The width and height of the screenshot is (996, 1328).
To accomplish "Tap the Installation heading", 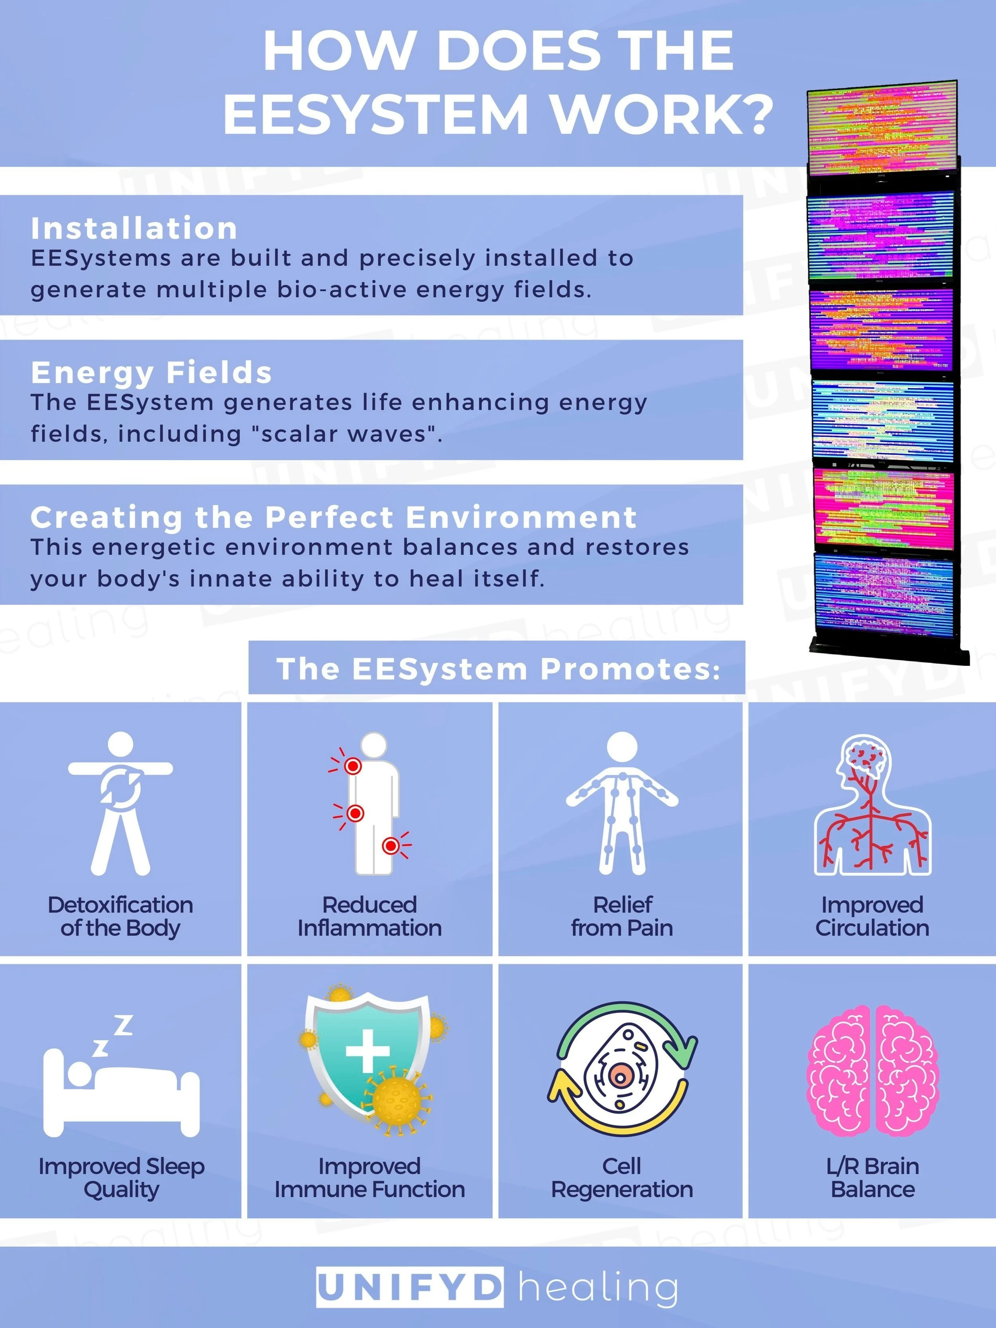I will coord(134,228).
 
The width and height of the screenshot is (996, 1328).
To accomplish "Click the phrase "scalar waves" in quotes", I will coord(345,434).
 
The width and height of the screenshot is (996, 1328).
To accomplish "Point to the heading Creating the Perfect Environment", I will coord(333,517).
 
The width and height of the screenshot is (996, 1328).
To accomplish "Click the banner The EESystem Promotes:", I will coord(497,668).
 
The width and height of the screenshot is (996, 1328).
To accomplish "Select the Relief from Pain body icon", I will coord(622,803).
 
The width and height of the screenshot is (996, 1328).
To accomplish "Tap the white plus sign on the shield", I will coord(367,1051).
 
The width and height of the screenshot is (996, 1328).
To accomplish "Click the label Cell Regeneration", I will coord(622,1178).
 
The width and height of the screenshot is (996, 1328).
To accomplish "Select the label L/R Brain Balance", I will coord(872,1178).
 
